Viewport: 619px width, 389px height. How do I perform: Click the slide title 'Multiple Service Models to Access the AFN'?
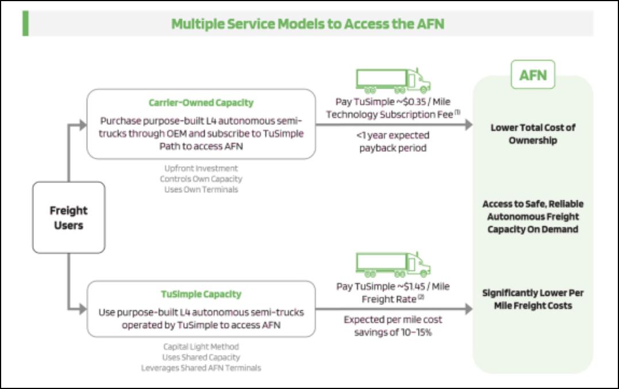click(x=307, y=24)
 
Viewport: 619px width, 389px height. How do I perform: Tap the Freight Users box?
click(x=68, y=218)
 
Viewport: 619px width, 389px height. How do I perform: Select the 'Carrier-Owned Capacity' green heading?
click(x=201, y=103)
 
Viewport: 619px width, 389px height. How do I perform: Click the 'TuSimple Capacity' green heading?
click(x=201, y=294)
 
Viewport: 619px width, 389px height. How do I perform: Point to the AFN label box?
click(x=533, y=74)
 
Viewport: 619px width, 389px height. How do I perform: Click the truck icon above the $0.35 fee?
click(x=393, y=81)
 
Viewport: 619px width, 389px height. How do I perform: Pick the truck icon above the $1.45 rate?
click(x=393, y=265)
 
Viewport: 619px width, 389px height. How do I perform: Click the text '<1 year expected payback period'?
click(x=393, y=142)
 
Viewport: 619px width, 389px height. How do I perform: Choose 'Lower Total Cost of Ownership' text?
click(x=533, y=134)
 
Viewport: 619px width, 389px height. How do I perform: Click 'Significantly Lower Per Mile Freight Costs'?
click(x=533, y=299)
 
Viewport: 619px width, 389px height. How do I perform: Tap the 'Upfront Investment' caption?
click(x=200, y=169)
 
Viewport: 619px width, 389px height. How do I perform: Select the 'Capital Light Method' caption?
click(x=200, y=346)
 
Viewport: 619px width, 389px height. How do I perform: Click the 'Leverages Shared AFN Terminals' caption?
click(x=201, y=368)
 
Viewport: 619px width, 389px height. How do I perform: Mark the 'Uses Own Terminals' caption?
click(x=200, y=189)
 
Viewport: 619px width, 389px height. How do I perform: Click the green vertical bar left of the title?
click(x=25, y=23)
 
